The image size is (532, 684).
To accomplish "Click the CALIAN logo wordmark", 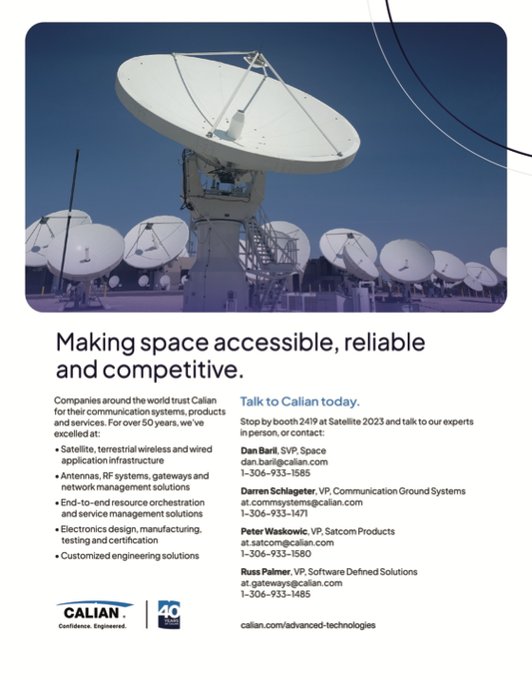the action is (x=91, y=613).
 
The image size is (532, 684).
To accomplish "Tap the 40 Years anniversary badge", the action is (x=169, y=615).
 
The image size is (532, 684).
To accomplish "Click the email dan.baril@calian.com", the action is (x=284, y=462).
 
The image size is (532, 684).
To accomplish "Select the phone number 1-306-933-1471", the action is (x=274, y=513).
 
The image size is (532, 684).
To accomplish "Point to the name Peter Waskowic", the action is (x=274, y=531).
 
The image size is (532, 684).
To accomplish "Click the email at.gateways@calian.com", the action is (x=292, y=582).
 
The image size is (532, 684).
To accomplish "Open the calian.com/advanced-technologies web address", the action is (x=308, y=625).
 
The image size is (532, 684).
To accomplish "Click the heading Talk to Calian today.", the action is (x=300, y=401).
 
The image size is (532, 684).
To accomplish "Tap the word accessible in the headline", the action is (x=275, y=342).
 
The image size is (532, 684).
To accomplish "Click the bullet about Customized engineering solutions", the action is (x=127, y=556).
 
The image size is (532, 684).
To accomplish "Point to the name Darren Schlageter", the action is (x=277, y=491).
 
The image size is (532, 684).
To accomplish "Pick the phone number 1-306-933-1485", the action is (x=275, y=594).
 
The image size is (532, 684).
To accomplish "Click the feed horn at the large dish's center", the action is (x=237, y=123).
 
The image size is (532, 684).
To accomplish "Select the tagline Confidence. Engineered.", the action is (x=92, y=626).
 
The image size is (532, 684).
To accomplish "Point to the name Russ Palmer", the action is (x=265, y=572).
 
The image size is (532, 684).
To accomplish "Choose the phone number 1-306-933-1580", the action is (x=275, y=554).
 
